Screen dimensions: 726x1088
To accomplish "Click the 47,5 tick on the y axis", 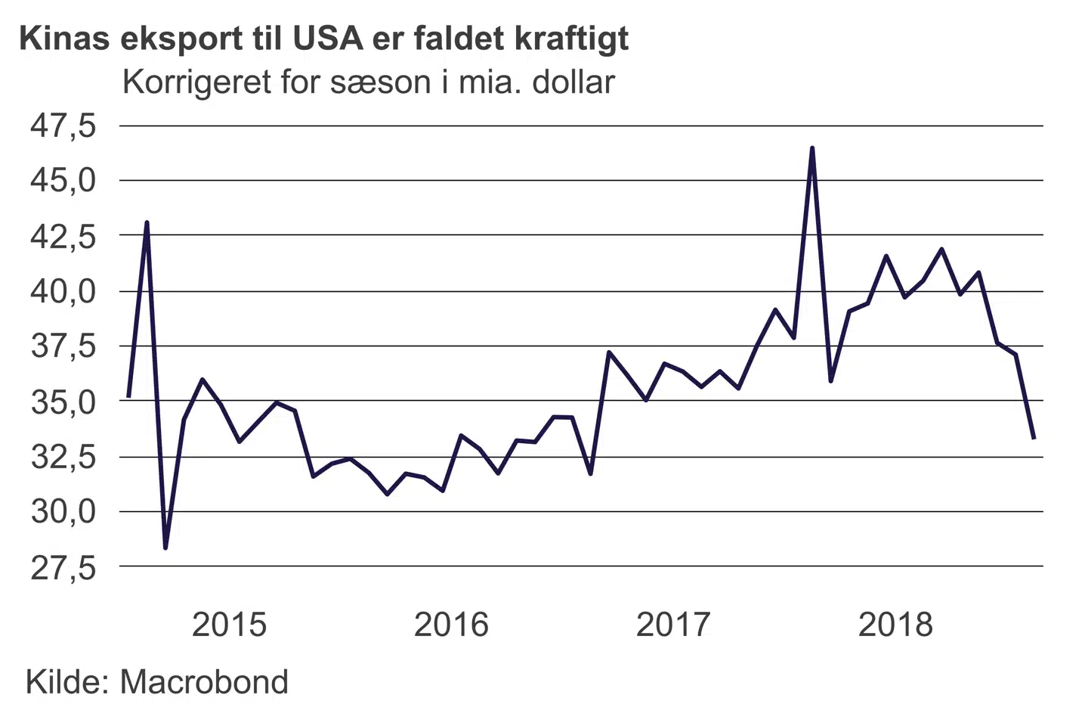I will click(63, 126).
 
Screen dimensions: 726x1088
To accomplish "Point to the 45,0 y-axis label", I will click(63, 181).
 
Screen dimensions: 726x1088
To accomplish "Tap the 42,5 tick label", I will click(63, 236).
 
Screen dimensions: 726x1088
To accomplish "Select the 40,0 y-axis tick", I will click(63, 291).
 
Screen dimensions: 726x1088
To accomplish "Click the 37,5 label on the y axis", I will click(63, 346).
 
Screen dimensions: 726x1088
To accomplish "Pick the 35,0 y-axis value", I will click(63, 402).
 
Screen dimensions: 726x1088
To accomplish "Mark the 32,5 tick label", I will click(63, 457).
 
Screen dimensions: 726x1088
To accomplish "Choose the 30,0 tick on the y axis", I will click(63, 512).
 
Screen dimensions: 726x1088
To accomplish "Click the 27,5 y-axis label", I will click(63, 567).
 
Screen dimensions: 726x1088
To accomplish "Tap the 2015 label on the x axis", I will click(229, 625).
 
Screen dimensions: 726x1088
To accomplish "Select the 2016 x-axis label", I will click(451, 625).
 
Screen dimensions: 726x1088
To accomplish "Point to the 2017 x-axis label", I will click(673, 625).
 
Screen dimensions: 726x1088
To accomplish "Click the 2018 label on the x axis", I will click(895, 625).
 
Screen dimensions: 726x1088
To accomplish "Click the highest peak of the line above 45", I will click(812, 148).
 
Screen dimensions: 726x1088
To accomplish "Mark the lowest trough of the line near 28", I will click(165, 548).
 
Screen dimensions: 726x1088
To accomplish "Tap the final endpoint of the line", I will click(1034, 438).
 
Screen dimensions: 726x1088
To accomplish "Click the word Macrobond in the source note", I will click(204, 682).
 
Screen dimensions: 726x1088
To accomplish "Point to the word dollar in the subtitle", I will click(573, 82).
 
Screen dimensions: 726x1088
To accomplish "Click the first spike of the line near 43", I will click(147, 222).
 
